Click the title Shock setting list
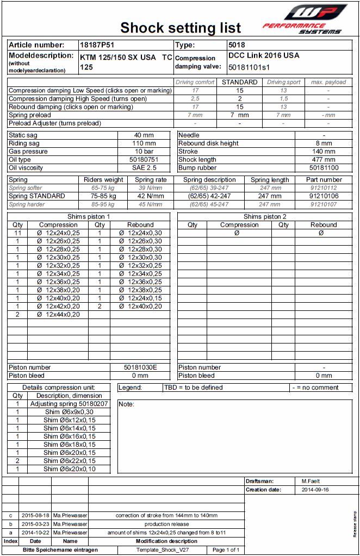tap(181, 28)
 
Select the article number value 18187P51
tap(97, 45)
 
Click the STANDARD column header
tap(239, 82)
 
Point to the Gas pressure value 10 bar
tap(144, 152)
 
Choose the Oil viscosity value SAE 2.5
tap(144, 168)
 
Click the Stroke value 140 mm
tap(324, 152)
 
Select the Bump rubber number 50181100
tap(324, 168)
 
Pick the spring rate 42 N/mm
tap(151, 196)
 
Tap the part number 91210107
tap(324, 204)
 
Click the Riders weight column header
tap(103, 180)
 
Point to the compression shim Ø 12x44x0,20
tap(58, 314)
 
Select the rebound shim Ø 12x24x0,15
tap(140, 298)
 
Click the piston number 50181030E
tap(140, 367)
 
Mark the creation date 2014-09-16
tap(315, 490)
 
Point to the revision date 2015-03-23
tap(35, 524)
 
